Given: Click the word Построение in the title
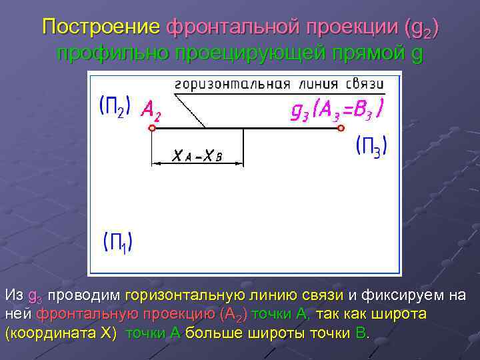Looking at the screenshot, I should tap(101, 27).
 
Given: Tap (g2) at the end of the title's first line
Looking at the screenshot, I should tap(422, 29).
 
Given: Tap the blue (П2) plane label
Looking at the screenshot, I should tap(115, 105).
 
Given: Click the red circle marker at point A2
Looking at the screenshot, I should tap(152, 129).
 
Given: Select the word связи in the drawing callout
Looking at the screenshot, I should tap(365, 84).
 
